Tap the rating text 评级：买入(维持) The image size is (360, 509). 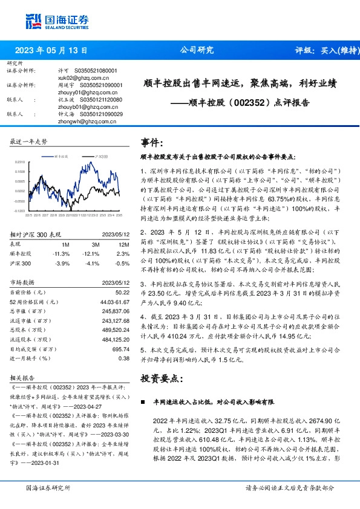324,51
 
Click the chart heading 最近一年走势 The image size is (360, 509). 29,141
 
